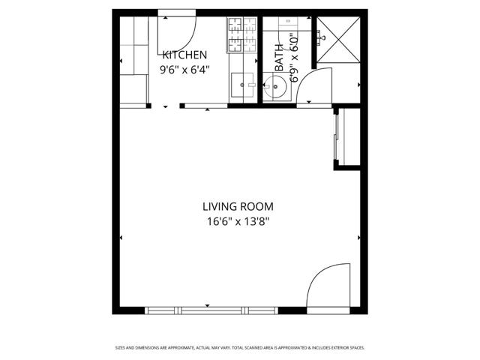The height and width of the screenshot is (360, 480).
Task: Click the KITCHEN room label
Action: click(185, 55)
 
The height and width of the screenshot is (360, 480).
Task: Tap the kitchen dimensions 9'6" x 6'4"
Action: click(185, 70)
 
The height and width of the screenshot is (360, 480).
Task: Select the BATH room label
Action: click(279, 58)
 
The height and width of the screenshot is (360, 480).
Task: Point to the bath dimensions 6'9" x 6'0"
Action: click(294, 58)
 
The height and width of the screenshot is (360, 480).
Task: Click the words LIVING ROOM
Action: click(238, 207)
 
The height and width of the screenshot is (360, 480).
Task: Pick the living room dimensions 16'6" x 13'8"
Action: click(238, 221)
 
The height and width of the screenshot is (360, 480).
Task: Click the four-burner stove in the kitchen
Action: click(241, 34)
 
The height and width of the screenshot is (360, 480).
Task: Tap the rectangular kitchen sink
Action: click(242, 85)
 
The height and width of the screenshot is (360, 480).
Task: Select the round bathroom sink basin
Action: click(275, 87)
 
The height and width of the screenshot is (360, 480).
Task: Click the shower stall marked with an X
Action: click(338, 40)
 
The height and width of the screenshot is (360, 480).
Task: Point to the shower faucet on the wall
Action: click(319, 37)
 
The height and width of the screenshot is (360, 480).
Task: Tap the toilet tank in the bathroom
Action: click(288, 24)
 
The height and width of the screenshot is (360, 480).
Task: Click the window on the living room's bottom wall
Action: click(211, 310)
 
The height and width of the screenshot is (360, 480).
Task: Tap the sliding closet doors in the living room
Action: click(336, 136)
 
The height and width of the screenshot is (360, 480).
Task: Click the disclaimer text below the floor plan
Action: click(240, 348)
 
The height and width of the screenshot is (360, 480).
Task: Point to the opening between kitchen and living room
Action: click(165, 106)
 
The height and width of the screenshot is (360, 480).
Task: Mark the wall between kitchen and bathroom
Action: click(260, 60)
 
